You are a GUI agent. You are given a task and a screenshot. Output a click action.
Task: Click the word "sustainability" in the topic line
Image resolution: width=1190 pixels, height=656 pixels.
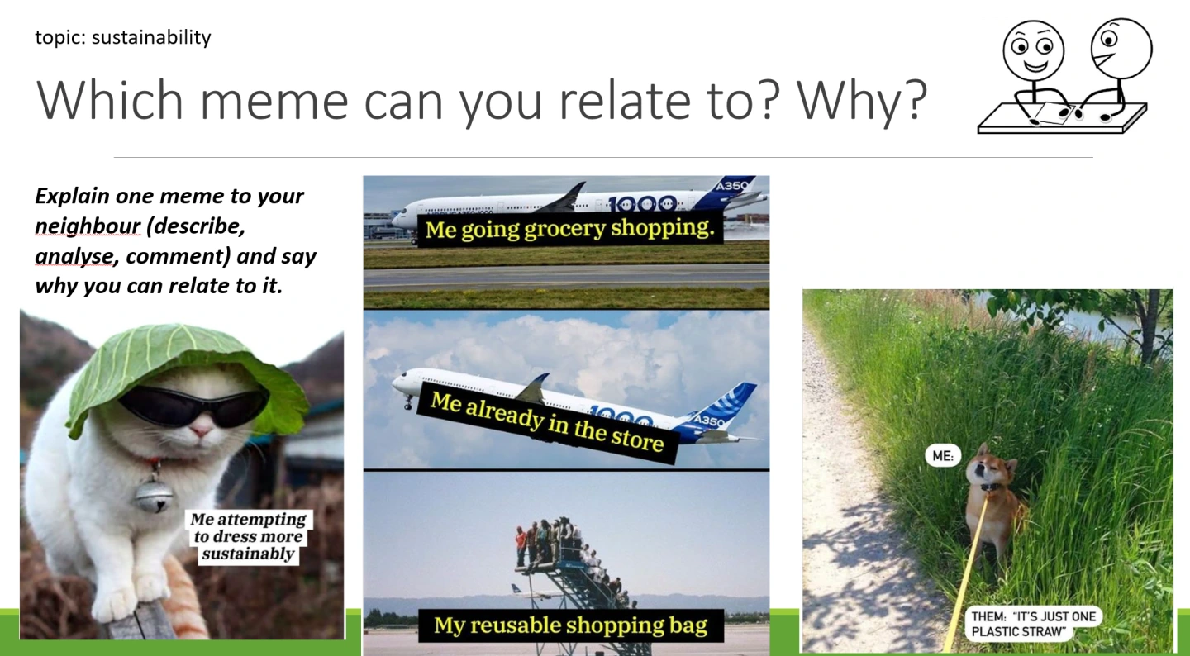click(151, 38)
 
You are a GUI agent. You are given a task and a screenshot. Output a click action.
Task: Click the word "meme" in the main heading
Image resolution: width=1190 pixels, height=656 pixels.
click(274, 100)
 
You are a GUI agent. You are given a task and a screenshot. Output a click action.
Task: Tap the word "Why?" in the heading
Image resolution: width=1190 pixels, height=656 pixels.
click(862, 100)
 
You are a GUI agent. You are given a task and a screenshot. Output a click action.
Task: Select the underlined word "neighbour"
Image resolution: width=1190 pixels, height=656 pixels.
click(88, 226)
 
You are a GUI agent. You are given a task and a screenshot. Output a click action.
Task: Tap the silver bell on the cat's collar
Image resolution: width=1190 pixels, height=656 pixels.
click(154, 496)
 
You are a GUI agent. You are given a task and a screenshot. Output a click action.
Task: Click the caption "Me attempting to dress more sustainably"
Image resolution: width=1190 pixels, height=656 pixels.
click(248, 536)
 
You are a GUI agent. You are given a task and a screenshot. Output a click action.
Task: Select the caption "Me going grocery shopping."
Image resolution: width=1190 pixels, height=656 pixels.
click(570, 228)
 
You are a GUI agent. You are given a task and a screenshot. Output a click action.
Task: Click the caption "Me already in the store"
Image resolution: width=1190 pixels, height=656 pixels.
click(547, 423)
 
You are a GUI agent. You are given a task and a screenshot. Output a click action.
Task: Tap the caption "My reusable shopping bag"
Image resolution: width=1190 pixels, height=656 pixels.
click(570, 625)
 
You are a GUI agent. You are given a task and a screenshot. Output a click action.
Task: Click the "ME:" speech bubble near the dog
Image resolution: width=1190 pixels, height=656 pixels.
click(943, 456)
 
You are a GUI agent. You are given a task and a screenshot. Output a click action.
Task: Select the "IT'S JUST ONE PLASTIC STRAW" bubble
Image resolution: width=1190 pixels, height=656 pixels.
click(1033, 624)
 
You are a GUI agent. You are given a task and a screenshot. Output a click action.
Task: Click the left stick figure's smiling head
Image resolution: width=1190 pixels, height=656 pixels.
click(1033, 51)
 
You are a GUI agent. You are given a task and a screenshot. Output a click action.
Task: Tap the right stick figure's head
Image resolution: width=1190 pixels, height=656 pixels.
click(1121, 49)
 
